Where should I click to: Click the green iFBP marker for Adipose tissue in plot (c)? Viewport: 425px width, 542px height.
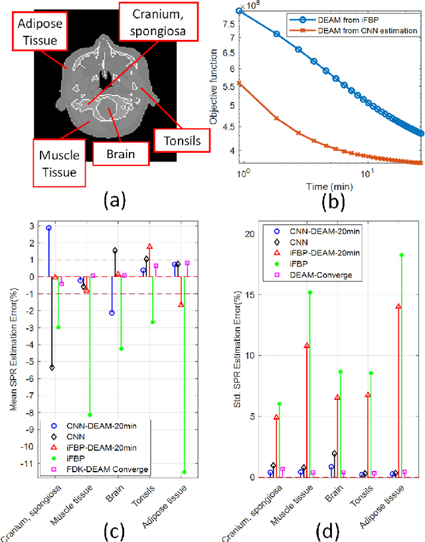point(185,472)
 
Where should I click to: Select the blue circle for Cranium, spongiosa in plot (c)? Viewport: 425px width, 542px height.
point(48,228)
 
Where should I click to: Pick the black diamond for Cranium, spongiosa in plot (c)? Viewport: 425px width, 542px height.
point(52,367)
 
